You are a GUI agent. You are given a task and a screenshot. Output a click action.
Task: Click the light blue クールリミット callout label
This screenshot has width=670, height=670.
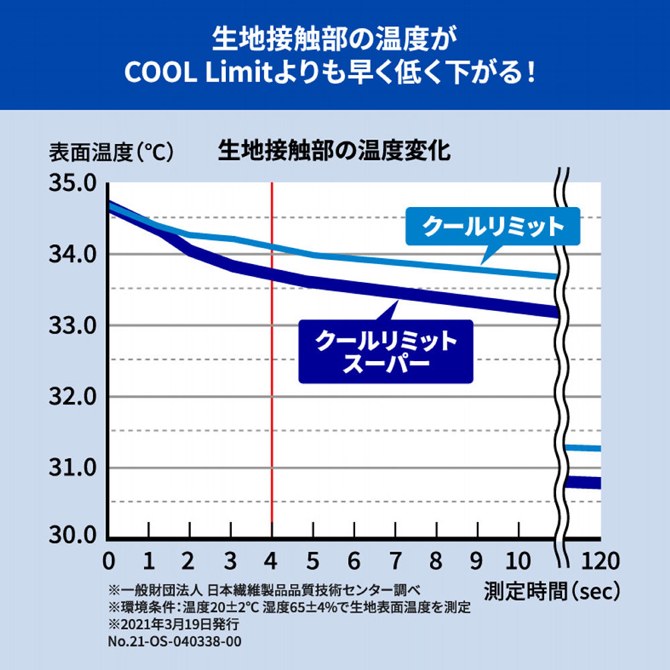click(493, 227)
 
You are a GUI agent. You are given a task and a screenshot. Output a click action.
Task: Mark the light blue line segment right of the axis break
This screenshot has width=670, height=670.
click(582, 448)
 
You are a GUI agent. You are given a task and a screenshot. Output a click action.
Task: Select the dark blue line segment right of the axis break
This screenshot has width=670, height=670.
click(582, 482)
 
